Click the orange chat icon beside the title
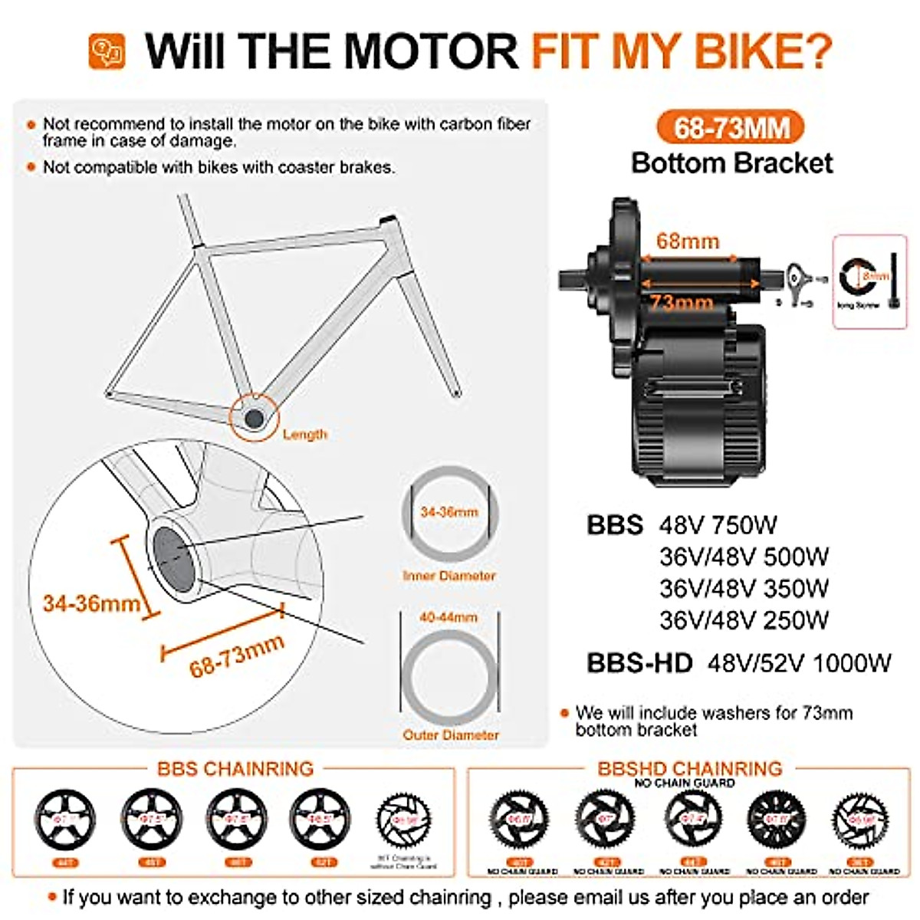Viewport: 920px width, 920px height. pos(107,51)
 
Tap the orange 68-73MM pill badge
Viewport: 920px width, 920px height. pos(731,127)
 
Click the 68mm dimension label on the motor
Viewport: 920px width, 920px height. pos(687,242)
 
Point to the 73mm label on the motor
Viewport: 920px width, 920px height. pos(682,302)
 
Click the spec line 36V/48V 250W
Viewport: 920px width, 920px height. pos(744,619)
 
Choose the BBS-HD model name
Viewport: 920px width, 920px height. pos(639,662)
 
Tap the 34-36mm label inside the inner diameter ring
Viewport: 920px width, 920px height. pos(449,511)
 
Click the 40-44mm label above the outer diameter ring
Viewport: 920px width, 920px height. pos(449,617)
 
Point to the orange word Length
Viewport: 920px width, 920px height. pos(304,435)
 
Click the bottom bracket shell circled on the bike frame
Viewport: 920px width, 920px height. pos(253,419)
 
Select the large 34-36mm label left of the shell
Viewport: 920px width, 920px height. pos(91,603)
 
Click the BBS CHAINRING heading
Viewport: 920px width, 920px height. pos(235,768)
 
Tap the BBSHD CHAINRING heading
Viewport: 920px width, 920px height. pos(690,768)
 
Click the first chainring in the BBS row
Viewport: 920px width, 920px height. pos(66,820)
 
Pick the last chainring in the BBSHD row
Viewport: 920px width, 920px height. pos(864,820)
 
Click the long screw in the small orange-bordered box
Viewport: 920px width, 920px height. pos(893,280)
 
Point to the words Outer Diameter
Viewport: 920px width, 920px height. pos(451,735)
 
